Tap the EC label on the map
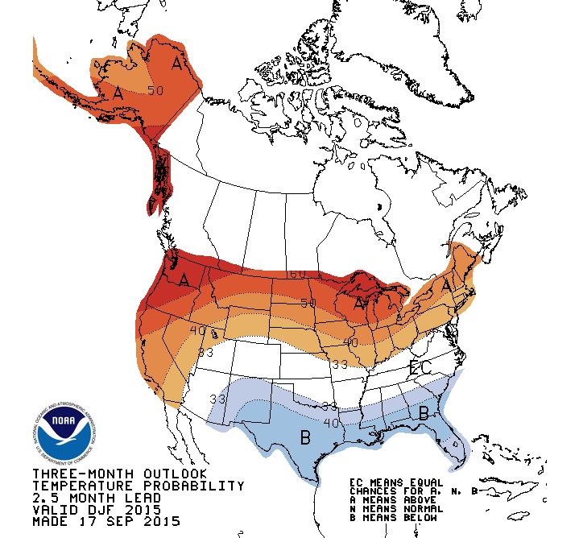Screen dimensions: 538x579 click(x=420, y=368)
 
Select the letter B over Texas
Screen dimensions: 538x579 click(x=305, y=439)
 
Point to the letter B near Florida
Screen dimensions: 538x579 click(x=424, y=413)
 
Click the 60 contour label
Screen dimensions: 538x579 click(x=298, y=274)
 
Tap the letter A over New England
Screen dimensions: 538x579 click(x=445, y=285)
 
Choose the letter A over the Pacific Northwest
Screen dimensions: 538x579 click(x=184, y=279)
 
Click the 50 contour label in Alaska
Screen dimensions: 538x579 click(x=155, y=90)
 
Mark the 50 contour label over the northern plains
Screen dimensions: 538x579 click(x=308, y=303)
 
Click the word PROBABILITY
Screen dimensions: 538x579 click(x=195, y=486)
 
